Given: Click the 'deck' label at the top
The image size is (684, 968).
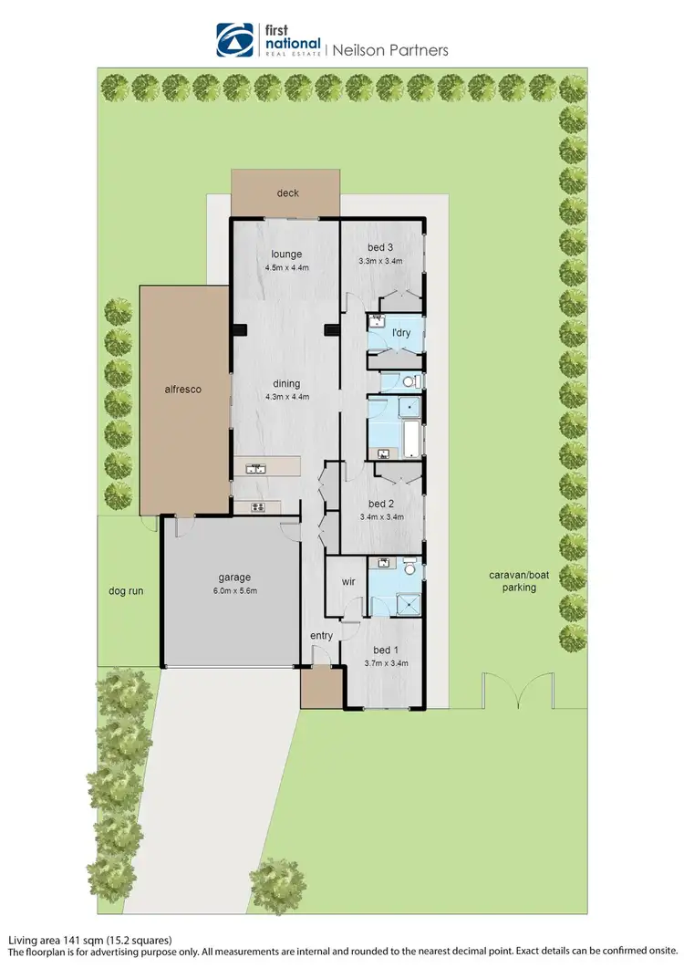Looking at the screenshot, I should [287, 193].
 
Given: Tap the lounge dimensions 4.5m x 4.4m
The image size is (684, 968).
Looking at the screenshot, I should [287, 268].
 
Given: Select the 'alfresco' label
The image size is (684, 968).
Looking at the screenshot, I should [182, 389].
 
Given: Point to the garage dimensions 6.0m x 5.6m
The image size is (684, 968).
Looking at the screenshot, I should [233, 590].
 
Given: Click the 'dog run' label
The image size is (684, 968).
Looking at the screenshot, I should [125, 591].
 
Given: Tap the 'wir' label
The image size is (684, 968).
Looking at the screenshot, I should [347, 581].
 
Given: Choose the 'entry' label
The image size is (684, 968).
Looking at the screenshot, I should [321, 635].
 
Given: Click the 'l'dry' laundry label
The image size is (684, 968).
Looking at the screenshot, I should [400, 332].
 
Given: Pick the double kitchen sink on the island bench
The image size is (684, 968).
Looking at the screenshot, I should [254, 469].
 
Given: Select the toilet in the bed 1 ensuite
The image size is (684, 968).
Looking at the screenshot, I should [409, 568].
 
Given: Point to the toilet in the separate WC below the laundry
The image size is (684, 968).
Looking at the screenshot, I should [409, 381].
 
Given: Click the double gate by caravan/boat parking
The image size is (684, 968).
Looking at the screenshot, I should [517, 690].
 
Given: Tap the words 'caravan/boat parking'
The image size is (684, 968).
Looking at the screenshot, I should [512, 581].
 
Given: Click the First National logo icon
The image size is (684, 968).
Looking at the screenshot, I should [234, 41].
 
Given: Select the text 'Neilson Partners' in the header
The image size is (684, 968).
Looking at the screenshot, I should [389, 50].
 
